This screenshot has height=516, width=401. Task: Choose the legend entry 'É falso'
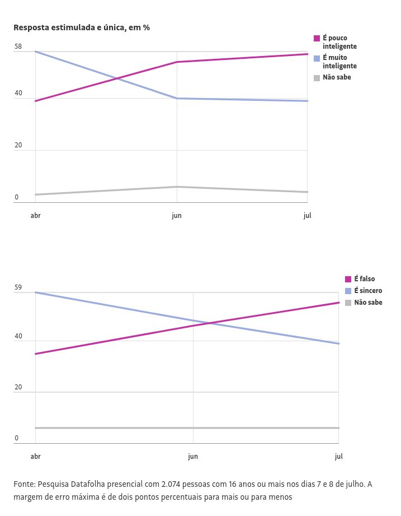click(364, 279)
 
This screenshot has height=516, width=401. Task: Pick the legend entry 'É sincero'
click(368, 291)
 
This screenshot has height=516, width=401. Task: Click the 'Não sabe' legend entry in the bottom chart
click(368, 303)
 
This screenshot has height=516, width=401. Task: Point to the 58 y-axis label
click(18, 47)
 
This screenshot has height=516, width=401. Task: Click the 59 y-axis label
click(18, 288)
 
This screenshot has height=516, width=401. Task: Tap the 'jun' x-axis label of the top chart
click(177, 216)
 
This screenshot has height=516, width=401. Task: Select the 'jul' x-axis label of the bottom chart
click(338, 457)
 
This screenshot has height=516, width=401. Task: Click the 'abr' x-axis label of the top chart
click(35, 216)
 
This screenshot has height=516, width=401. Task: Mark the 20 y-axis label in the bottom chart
click(18, 388)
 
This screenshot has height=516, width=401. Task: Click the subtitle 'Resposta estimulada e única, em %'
click(82, 27)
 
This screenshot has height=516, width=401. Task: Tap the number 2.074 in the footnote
click(171, 484)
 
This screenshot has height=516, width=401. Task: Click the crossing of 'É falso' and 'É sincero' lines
click(209, 323)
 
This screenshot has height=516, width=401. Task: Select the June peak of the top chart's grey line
click(177, 187)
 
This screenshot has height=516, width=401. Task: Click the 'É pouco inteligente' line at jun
click(177, 62)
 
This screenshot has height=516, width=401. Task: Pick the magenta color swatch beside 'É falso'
click(348, 279)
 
